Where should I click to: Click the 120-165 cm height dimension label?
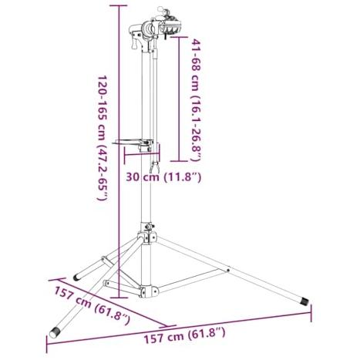pos(102,137)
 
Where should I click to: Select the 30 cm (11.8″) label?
pos(163,177)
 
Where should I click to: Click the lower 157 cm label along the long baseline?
pos(184,335)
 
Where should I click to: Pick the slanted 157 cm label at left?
pos(92,305)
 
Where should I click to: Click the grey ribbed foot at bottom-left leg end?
pos(55,333)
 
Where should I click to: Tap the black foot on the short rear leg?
pos(76,277)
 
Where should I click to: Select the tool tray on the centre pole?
pos(133,143)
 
